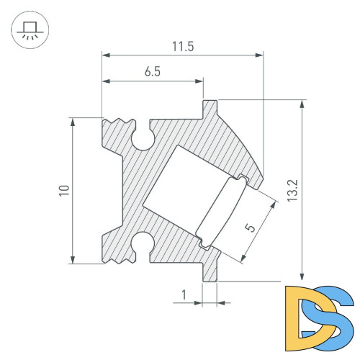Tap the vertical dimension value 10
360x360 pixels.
tap(65, 190)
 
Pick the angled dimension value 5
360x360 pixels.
tap(250, 227)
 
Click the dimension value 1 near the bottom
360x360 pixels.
tap(184, 294)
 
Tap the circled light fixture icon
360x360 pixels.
tap(30, 30)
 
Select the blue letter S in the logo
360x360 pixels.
tap(336, 313)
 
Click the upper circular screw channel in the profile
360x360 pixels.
tap(143, 140)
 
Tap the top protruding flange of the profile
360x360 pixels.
tap(210, 109)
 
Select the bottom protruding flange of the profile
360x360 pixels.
tap(210, 271)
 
